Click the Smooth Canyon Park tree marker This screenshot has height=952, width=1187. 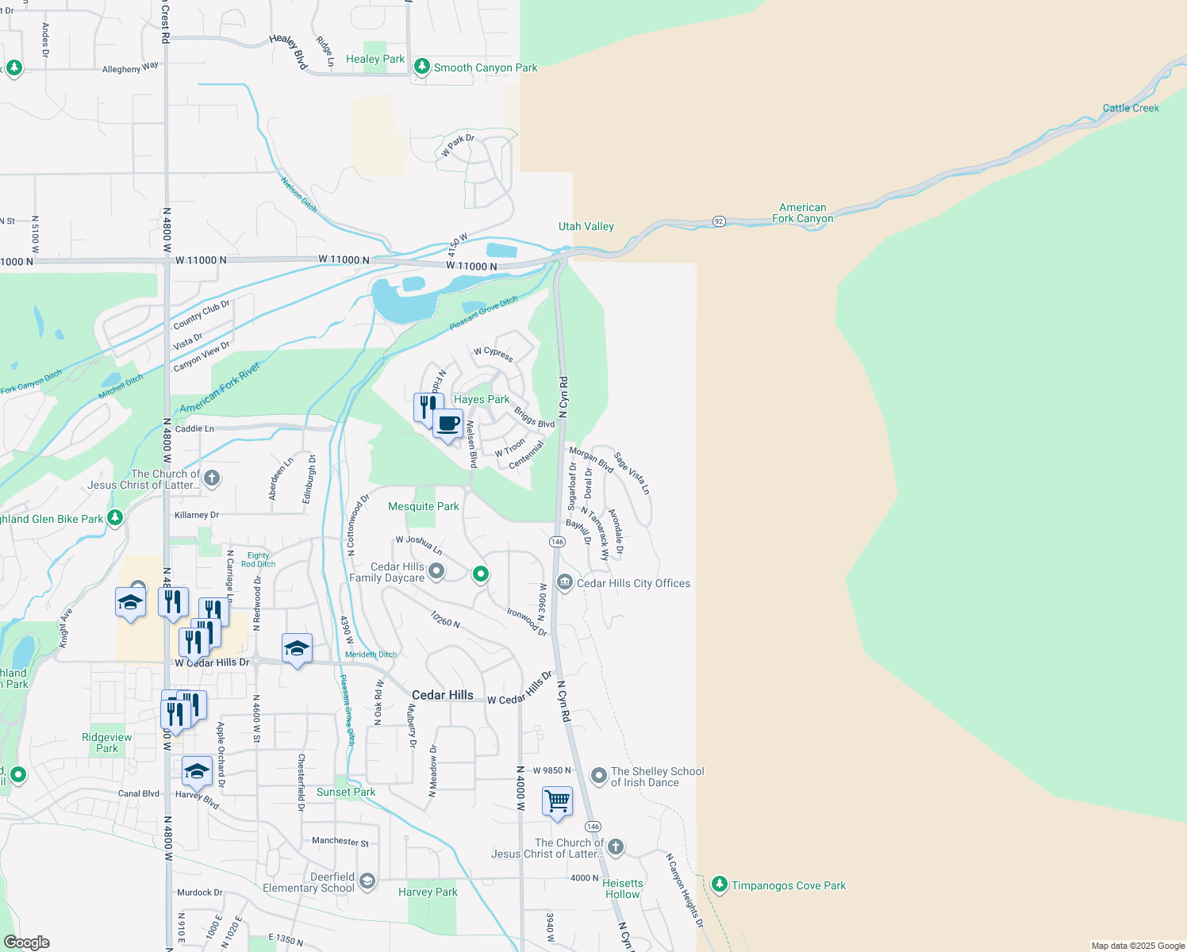pyautogui.click(x=422, y=67)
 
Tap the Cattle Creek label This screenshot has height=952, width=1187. pyautogui.click(x=1130, y=108)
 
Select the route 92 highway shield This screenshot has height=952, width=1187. pyautogui.click(x=719, y=221)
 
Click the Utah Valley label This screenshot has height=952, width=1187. pyautogui.click(x=586, y=226)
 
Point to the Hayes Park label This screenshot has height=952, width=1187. pyautogui.click(x=482, y=399)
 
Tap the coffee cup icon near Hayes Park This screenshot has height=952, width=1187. pyautogui.click(x=448, y=424)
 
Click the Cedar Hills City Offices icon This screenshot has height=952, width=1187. pyautogui.click(x=565, y=582)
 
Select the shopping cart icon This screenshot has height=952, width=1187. pyautogui.click(x=558, y=801)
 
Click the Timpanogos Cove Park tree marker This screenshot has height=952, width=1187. pyautogui.click(x=720, y=885)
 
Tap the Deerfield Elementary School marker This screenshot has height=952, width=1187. pyautogui.click(x=367, y=881)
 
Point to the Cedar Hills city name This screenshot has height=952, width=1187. pyautogui.click(x=442, y=695)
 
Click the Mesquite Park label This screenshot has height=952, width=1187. pyautogui.click(x=423, y=506)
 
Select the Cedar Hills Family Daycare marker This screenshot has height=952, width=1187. pyautogui.click(x=436, y=571)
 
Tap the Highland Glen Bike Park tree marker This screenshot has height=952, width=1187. pyautogui.click(x=115, y=518)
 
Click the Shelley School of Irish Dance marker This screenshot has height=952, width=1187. pyautogui.click(x=599, y=775)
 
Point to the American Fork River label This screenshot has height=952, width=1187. pyautogui.click(x=220, y=388)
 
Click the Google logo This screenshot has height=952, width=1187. pyautogui.click(x=27, y=942)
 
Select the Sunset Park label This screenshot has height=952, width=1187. pyautogui.click(x=346, y=792)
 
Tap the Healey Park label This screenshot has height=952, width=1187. pyautogui.click(x=375, y=59)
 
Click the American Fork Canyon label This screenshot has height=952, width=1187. pyautogui.click(x=803, y=213)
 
